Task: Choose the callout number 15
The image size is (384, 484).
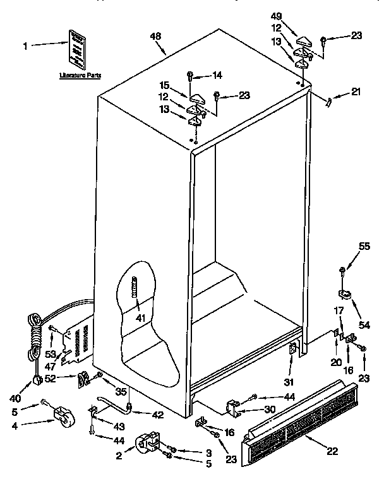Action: coord(164,86)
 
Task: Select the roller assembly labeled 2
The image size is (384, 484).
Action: coord(148,442)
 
